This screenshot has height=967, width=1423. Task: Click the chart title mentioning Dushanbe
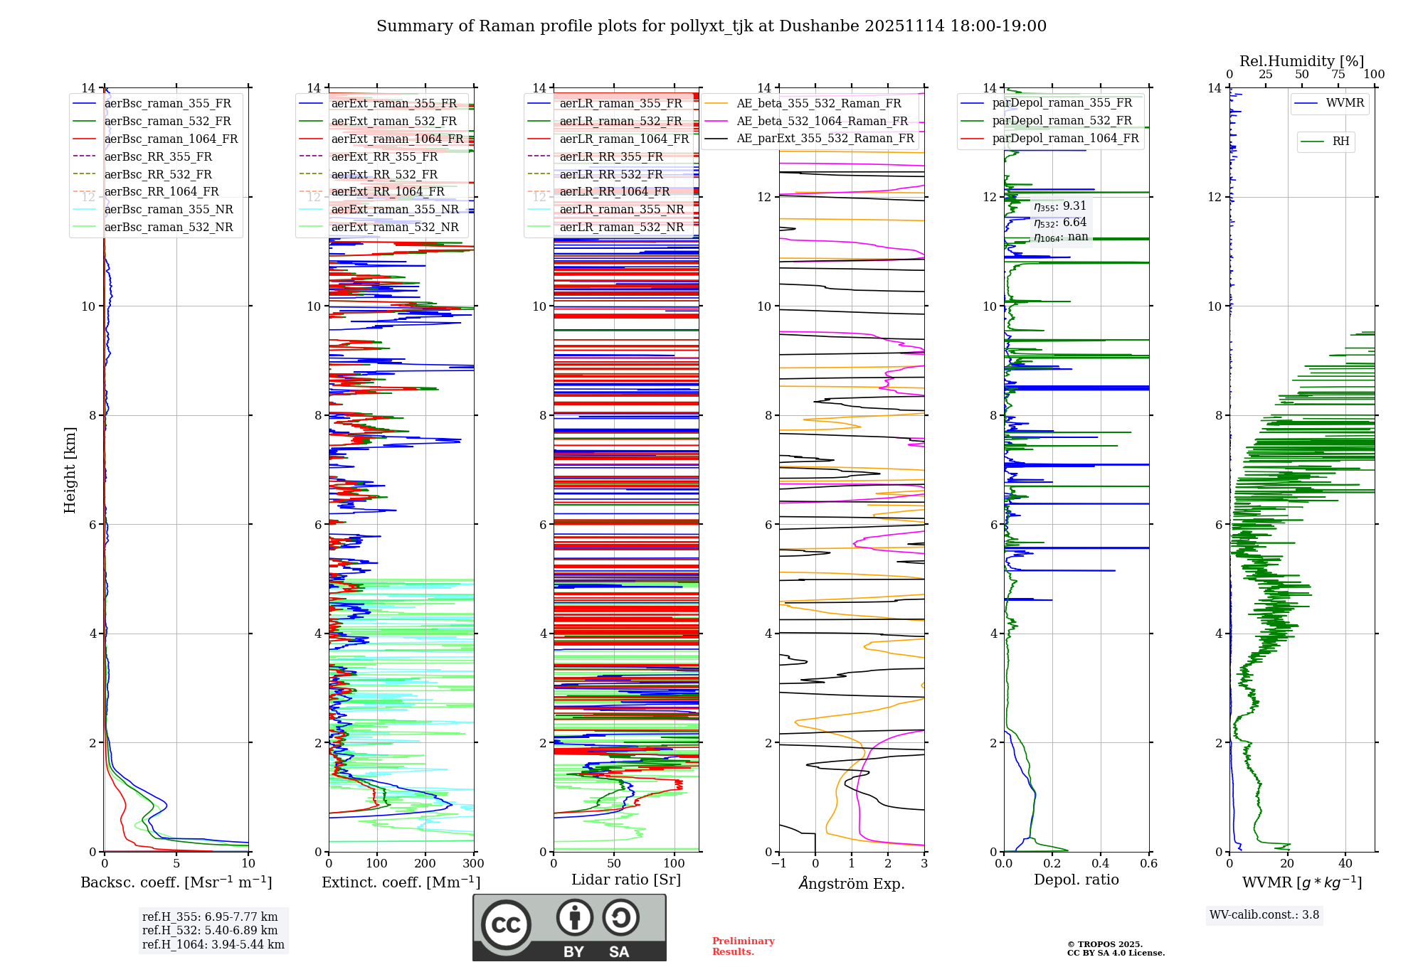(711, 26)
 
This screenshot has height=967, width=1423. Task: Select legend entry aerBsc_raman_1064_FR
(171, 139)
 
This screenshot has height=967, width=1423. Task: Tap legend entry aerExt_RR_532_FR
(384, 175)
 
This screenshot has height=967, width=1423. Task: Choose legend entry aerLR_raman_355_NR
(621, 210)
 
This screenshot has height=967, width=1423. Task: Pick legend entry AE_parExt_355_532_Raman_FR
(825, 139)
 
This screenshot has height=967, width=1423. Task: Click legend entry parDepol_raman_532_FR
(1062, 121)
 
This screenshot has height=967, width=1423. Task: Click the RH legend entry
(1340, 141)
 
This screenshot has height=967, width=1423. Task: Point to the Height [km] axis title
(70, 470)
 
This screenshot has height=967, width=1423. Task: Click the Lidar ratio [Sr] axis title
(626, 880)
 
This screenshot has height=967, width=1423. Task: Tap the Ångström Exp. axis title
(852, 884)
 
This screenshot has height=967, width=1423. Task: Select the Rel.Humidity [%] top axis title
(1301, 61)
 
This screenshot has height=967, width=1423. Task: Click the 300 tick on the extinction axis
(473, 864)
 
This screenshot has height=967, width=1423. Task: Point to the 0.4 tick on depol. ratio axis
(1100, 864)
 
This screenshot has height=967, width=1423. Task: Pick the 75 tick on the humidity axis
(1338, 75)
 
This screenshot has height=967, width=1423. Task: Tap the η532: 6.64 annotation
(1060, 223)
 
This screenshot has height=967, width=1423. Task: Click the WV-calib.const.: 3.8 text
(1264, 915)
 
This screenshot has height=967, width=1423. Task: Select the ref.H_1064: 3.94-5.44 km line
(213, 945)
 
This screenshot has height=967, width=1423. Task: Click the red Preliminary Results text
(743, 946)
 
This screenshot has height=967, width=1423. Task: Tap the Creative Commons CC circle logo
(506, 925)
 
